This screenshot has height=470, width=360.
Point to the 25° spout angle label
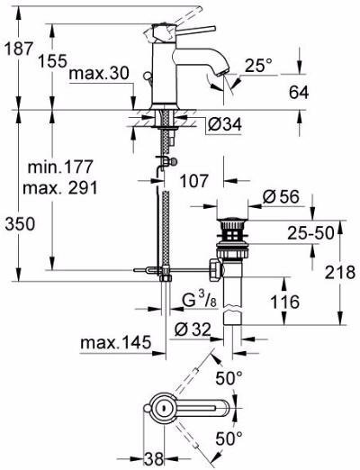point(256,67)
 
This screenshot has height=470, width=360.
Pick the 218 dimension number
point(339,271)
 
